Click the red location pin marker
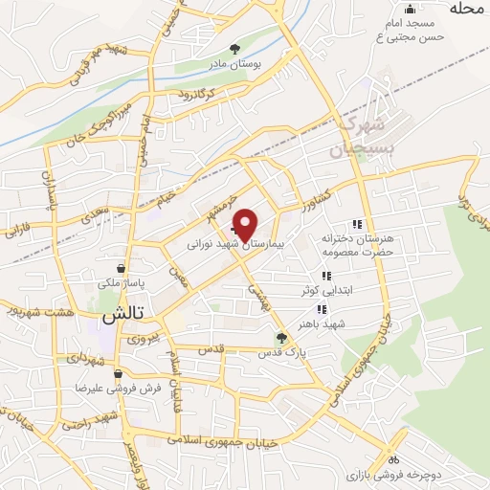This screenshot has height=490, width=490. point(245,224)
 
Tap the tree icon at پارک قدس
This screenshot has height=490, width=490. point(280,338)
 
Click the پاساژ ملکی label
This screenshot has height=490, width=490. point(120,283)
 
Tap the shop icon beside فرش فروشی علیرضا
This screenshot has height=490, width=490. point(118,374)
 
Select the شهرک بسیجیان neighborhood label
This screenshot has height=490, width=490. point(360,137)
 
